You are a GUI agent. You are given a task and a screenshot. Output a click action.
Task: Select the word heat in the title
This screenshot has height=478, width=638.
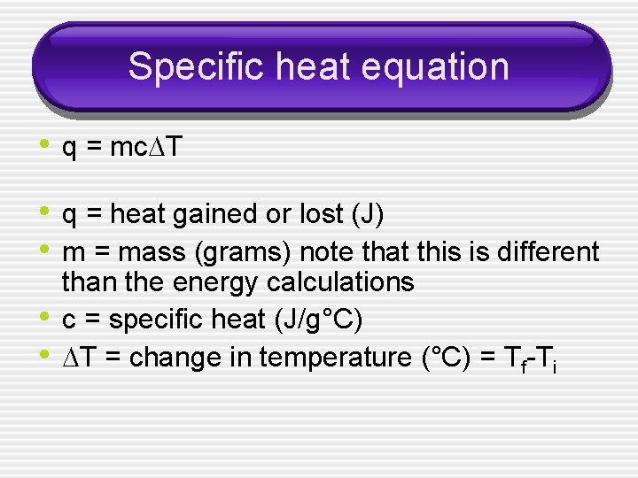(x=299, y=67)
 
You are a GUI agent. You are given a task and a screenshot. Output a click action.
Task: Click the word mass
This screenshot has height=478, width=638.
(x=152, y=252)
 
